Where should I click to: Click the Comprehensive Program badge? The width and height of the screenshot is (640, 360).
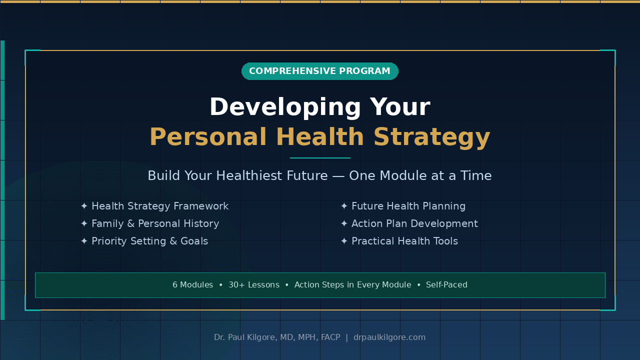coord(319,71)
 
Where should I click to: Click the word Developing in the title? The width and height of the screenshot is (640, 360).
coord(285,107)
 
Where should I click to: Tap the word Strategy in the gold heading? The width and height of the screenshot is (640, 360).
coord(431,137)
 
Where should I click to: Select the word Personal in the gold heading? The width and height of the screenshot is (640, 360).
coord(208,137)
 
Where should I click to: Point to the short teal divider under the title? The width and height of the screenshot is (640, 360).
coord(320,157)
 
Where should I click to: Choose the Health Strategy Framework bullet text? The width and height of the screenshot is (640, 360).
coord(160,206)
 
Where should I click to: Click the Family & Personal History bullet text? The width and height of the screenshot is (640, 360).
coord(155,223)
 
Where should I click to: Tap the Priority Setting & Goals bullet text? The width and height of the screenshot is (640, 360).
coord(149,241)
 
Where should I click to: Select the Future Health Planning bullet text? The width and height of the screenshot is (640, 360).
coord(408,206)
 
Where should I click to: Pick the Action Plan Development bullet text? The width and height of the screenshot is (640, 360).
coord(414,223)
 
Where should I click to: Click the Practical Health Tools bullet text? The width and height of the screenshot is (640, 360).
coord(404,241)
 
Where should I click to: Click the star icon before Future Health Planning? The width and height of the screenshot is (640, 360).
coord(344,206)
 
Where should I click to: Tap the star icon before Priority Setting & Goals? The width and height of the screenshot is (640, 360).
coord(84,241)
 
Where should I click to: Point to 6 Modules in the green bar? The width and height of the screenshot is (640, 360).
coord(193,285)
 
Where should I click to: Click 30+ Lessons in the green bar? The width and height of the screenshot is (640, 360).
coord(254,285)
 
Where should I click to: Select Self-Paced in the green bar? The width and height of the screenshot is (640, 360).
coord(446,285)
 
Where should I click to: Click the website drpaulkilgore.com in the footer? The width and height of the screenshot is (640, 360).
coord(389,337)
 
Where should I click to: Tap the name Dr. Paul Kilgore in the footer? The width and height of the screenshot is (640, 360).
coord(245,337)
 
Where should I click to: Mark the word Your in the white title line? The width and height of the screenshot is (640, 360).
coord(400,107)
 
